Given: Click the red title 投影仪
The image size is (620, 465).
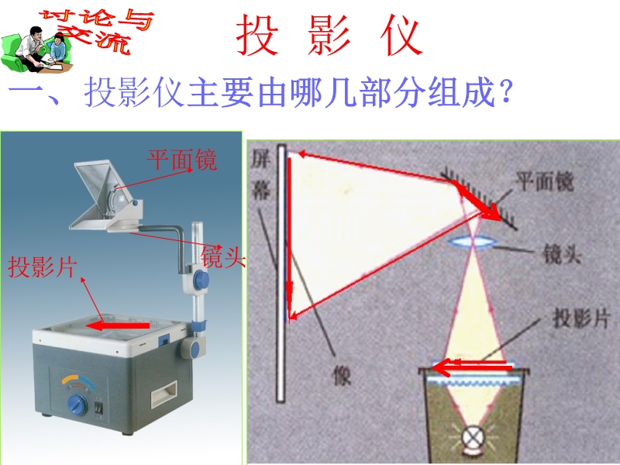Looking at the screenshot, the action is tap(329, 35).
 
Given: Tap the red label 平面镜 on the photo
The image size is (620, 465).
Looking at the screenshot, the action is tap(182, 160).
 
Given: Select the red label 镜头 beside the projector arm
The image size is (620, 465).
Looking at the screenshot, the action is tap(223, 257).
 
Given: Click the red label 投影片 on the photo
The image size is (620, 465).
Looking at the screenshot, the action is tap(42, 267).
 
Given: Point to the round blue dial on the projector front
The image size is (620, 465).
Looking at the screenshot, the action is tap(77, 405).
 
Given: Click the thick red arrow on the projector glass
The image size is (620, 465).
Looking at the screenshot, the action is tap(118, 325).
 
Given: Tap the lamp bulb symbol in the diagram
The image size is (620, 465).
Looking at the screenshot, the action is tap(472, 438).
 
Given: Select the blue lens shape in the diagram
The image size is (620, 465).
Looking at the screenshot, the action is tap(472, 242).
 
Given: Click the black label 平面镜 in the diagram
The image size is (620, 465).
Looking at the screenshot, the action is tap(545, 182).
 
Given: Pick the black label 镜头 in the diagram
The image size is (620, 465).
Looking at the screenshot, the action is tap(562, 253).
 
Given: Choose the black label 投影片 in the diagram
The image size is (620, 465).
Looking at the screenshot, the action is tap(580, 318).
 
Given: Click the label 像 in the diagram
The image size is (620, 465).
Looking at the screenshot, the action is tap(342, 375).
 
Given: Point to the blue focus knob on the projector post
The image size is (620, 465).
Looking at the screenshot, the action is tap(201, 279).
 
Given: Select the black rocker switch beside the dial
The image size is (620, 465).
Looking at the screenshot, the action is tap(99, 408).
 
